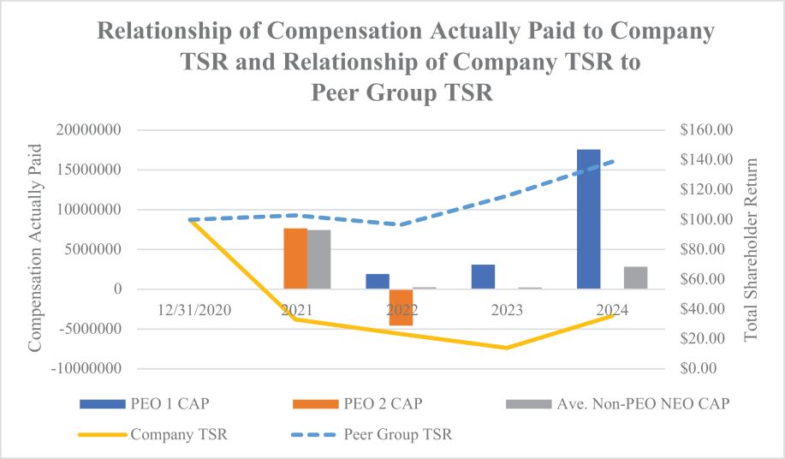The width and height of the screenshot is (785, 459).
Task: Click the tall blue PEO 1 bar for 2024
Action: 588,219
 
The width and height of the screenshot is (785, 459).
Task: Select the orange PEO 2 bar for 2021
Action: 295,259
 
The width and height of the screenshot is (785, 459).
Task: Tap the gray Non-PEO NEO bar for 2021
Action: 319,259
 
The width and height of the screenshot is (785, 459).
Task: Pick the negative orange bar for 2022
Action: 401,307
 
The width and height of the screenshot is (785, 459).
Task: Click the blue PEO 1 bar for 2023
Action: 483,277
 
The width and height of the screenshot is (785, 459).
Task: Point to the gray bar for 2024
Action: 635,278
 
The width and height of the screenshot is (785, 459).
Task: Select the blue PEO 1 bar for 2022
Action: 378,282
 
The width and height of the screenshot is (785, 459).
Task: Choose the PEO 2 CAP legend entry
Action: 360,402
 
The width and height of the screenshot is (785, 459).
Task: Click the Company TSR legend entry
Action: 154,434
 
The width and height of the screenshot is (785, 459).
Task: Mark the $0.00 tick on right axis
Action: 704,369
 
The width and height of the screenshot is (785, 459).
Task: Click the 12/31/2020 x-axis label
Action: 195,310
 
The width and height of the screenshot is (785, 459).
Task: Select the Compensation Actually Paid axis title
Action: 36,249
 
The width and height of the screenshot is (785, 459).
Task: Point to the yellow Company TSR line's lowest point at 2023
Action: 506,348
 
